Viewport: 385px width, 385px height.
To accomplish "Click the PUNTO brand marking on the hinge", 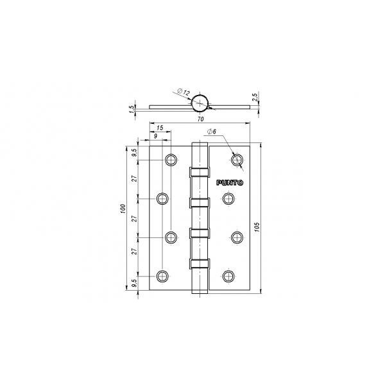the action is tap(230, 183).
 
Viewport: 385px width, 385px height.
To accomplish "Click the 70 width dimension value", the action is tap(201, 119).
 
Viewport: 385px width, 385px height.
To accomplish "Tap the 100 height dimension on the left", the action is tap(123, 209).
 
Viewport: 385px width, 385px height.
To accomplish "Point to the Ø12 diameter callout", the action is tap(184, 92).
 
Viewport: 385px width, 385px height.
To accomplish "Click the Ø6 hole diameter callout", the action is tap(212, 132).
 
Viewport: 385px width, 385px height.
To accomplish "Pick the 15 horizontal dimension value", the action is tap(160, 128).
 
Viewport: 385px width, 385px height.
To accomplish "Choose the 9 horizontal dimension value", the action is tap(155, 136).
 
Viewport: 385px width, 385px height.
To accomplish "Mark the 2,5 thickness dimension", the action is tap(255, 97).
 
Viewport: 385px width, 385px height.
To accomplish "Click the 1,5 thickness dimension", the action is tap(132, 108).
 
